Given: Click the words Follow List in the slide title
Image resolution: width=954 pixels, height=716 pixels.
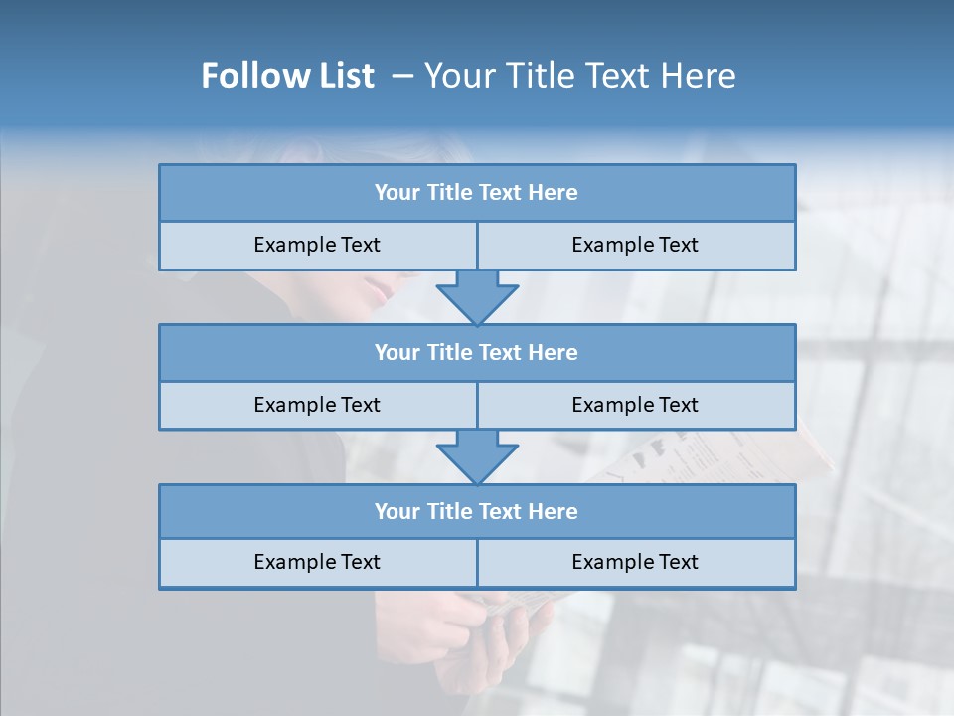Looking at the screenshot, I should click(287, 76).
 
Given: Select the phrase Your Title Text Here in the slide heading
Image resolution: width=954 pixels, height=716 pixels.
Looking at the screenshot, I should click(579, 76).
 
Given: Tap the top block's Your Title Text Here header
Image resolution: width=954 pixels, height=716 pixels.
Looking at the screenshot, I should click(476, 193).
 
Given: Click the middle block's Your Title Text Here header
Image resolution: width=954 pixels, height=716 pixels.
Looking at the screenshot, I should click(476, 352).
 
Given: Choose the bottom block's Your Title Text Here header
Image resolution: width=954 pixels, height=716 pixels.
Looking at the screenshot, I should click(476, 511).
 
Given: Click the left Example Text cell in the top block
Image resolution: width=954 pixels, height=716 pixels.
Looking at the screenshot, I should click(317, 245).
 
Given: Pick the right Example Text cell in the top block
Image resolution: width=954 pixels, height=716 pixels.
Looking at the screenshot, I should click(635, 245).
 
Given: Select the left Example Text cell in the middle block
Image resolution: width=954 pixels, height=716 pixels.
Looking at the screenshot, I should click(317, 405).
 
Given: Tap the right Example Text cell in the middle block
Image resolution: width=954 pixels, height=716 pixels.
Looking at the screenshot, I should click(635, 405).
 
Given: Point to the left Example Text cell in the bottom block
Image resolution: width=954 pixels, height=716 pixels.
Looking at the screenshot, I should click(317, 562).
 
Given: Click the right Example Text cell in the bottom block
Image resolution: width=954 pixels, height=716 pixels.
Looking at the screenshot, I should click(635, 562).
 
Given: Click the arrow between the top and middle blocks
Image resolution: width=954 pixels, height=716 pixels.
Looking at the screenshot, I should click(477, 296).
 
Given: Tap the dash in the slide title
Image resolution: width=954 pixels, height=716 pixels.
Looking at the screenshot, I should click(402, 76).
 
